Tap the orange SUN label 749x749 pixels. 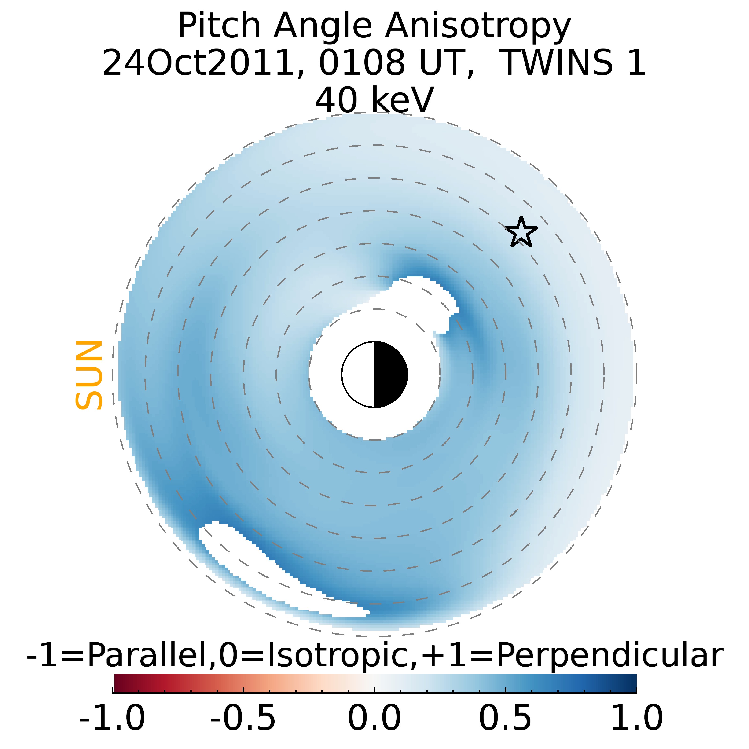click(x=89, y=374)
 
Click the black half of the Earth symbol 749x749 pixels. click(x=390, y=374)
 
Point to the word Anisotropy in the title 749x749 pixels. click(x=478, y=26)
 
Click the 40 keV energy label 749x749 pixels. click(x=374, y=100)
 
